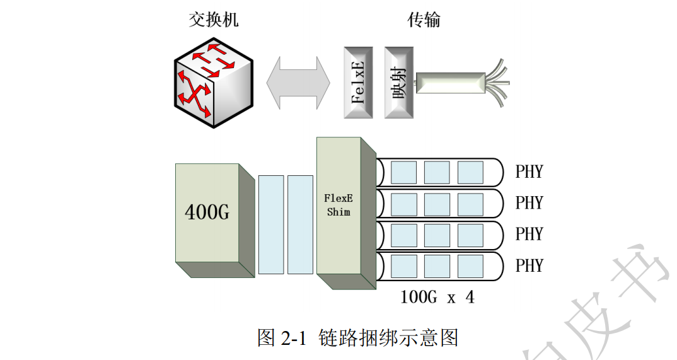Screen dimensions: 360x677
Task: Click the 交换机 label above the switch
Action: tap(214, 20)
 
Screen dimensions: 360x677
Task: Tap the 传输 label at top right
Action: tap(424, 20)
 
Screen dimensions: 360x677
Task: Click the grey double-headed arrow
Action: tap(298, 81)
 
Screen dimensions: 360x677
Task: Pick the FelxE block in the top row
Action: tap(359, 82)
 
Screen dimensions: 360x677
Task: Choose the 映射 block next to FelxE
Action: tap(398, 82)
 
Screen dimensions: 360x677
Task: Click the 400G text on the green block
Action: tap(207, 212)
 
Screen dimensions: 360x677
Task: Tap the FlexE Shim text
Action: tap(338, 205)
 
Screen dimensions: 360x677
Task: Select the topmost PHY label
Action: tap(528, 172)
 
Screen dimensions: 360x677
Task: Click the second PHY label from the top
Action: tap(528, 203)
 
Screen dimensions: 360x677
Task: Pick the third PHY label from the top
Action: tap(528, 234)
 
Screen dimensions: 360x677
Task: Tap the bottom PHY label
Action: tap(528, 265)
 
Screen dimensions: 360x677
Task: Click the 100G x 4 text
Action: tap(437, 296)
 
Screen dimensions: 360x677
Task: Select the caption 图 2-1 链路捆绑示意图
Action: tap(357, 337)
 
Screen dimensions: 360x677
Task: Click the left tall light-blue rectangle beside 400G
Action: tap(271, 224)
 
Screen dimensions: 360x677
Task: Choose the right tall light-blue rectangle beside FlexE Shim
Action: tap(300, 224)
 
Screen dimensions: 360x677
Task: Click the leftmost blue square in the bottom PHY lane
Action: tap(403, 265)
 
